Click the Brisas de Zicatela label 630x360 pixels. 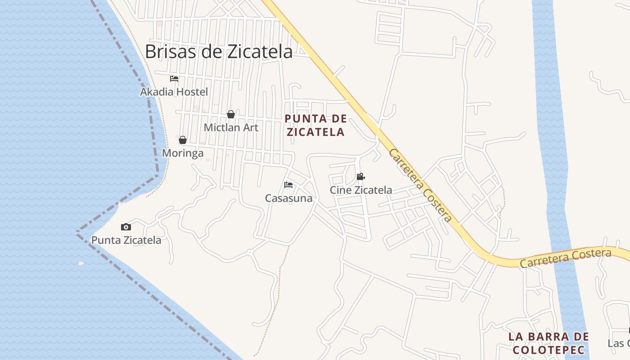(219, 51)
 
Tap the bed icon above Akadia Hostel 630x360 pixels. (174, 79)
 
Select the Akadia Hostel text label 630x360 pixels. (174, 92)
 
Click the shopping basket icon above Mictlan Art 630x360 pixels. (231, 114)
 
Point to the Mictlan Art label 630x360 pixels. (231, 127)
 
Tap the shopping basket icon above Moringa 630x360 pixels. (183, 140)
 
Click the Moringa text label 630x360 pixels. (183, 153)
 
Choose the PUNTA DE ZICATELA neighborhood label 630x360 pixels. (316, 125)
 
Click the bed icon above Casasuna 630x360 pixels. (288, 185)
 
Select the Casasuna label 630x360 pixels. (288, 198)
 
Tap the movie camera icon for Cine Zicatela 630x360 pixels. (360, 177)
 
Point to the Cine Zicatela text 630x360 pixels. (361, 190)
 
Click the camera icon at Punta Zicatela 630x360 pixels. (126, 227)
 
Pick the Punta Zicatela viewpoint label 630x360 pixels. (126, 240)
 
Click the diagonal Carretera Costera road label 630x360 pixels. (420, 185)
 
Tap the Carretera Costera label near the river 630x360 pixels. (565, 258)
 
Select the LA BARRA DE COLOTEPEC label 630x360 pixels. (549, 343)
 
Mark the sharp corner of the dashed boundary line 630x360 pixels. (77, 232)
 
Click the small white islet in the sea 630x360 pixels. (81, 263)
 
